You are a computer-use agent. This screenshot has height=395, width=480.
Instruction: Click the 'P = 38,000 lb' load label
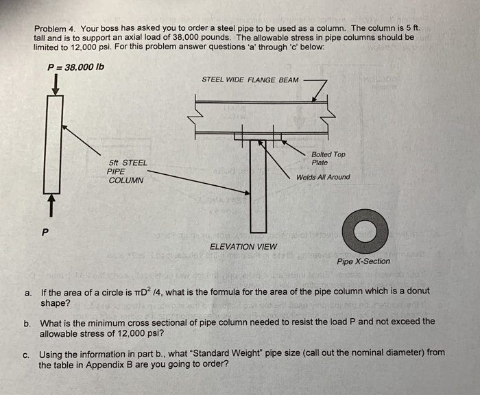pos(75,67)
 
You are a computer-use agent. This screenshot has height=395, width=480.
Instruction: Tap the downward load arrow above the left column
pos(54,83)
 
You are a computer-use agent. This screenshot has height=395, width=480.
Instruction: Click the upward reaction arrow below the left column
pos(50,204)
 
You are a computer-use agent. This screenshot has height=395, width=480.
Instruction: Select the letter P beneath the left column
pos(45,231)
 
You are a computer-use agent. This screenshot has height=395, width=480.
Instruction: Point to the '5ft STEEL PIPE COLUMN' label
pos(127,171)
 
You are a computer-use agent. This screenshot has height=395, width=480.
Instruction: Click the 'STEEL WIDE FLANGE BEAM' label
pos(250,80)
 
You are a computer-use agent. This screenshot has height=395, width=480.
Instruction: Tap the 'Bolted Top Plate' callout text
pos(328,158)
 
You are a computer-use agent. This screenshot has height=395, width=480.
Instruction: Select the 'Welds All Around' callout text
pos(323,177)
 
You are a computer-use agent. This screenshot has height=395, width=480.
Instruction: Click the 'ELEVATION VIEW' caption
pos(243,247)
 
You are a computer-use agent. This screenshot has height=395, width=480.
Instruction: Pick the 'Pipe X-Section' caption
pos(363,261)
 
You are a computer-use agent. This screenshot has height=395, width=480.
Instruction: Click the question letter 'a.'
pos(29,291)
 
